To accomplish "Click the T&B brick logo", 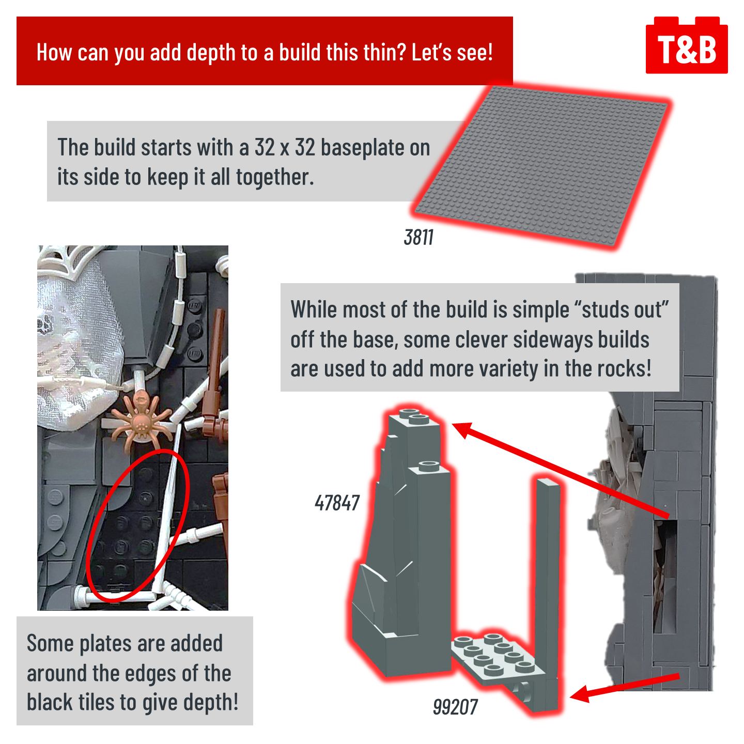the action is click(x=686, y=45).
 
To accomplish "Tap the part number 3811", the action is click(x=419, y=237).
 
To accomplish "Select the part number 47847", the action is click(x=337, y=503).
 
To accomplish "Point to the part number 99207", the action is click(x=455, y=707).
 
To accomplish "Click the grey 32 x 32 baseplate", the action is click(x=540, y=166).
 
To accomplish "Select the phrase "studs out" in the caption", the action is click(x=625, y=309).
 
